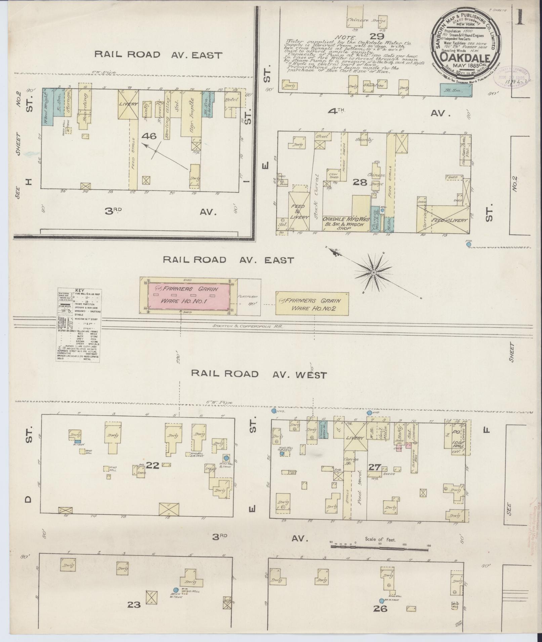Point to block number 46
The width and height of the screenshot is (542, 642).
(x=149, y=136)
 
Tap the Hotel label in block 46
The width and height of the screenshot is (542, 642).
(x=232, y=100)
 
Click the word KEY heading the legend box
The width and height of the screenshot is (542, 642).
(x=80, y=291)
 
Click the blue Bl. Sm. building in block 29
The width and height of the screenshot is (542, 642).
(x=456, y=90)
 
